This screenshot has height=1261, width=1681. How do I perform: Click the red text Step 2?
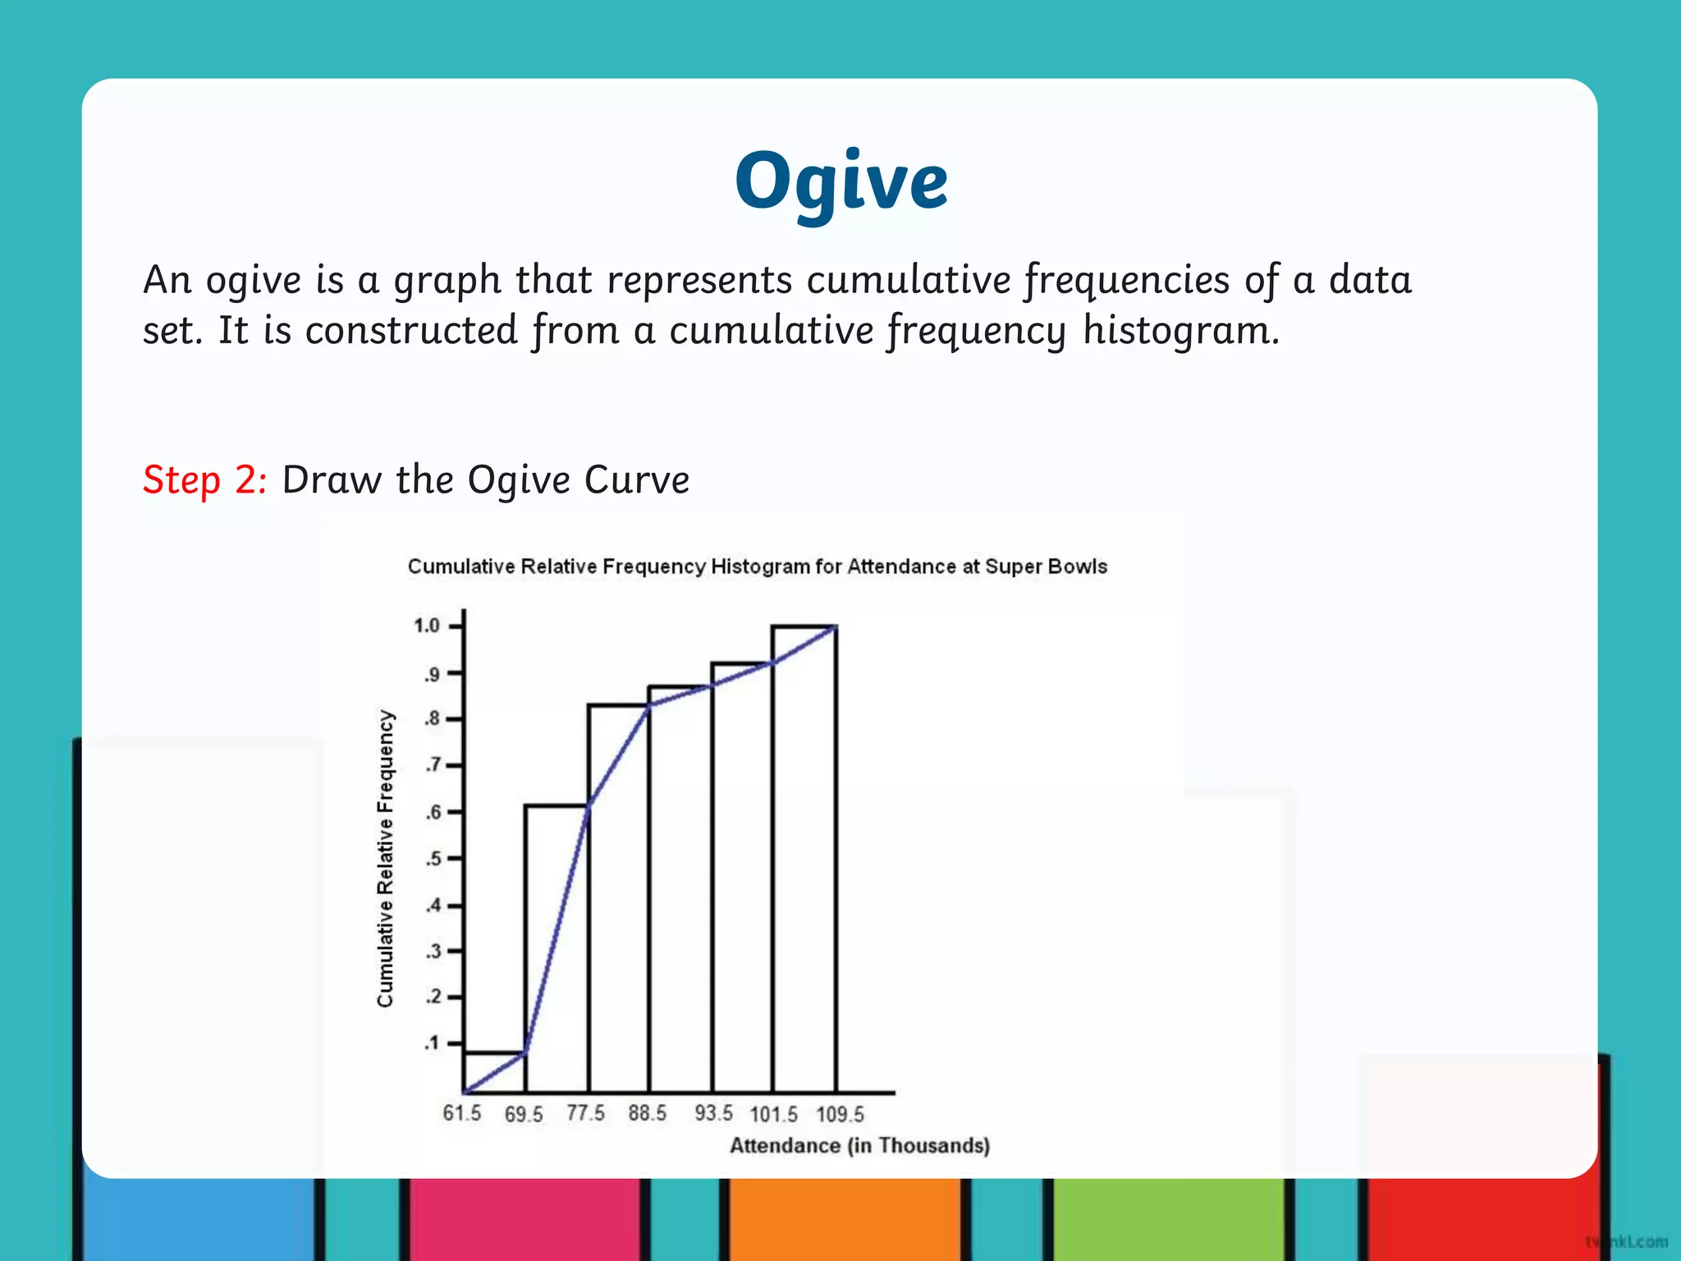[x=204, y=479]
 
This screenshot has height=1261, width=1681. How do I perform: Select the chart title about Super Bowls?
[x=757, y=566]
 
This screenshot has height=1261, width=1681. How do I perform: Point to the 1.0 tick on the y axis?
[x=428, y=626]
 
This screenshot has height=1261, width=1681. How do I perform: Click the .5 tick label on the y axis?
[x=433, y=859]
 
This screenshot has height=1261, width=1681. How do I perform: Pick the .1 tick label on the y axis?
[x=432, y=1043]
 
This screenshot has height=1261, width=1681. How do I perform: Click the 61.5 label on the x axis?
[x=462, y=1113]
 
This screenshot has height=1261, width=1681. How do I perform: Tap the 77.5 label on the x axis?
[x=585, y=1113]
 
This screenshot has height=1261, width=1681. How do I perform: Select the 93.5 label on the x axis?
[x=713, y=1113]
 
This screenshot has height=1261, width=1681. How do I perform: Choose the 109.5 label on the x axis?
[x=840, y=1114]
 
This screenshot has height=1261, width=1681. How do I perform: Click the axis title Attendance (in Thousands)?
[x=859, y=1145]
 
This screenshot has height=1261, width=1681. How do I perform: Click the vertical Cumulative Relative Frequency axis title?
[x=385, y=859]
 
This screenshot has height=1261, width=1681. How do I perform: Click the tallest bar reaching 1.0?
[x=804, y=862]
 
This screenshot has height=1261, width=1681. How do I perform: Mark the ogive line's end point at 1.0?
[x=836, y=626]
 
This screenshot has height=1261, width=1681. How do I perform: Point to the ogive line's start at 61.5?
[x=465, y=1092]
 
